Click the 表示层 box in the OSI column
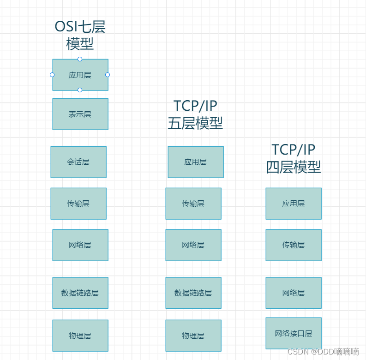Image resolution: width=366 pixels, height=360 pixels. point(80,114)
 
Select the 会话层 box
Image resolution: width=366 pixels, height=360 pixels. point(78,162)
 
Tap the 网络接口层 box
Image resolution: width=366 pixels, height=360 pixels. point(294,333)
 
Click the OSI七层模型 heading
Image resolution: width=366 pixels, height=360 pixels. point(80,35)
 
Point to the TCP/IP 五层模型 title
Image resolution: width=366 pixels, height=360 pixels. point(195,114)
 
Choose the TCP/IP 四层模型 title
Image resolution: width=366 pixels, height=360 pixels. point(294,158)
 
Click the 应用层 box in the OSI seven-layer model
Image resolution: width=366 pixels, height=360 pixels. point(80,75)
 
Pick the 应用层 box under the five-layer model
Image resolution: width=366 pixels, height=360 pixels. point(196,162)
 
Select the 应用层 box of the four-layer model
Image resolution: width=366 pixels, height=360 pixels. point(294,204)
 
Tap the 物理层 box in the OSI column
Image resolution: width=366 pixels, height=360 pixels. point(80,336)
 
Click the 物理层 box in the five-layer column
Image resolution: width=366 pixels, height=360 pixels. point(193,336)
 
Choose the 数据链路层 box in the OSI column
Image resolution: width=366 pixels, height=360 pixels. point(80,293)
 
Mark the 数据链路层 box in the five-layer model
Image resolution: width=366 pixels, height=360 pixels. point(193,293)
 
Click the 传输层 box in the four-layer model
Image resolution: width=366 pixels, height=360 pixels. point(294,245)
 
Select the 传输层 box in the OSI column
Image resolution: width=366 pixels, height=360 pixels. point(78,204)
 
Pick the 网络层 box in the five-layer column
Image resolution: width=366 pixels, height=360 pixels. point(193,245)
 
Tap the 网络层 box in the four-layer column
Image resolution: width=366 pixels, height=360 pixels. point(294,293)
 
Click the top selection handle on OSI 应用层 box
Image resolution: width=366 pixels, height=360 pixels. point(80,59)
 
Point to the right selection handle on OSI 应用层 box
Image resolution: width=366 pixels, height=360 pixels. point(108,75)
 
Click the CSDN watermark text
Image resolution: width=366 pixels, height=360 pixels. point(323,352)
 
